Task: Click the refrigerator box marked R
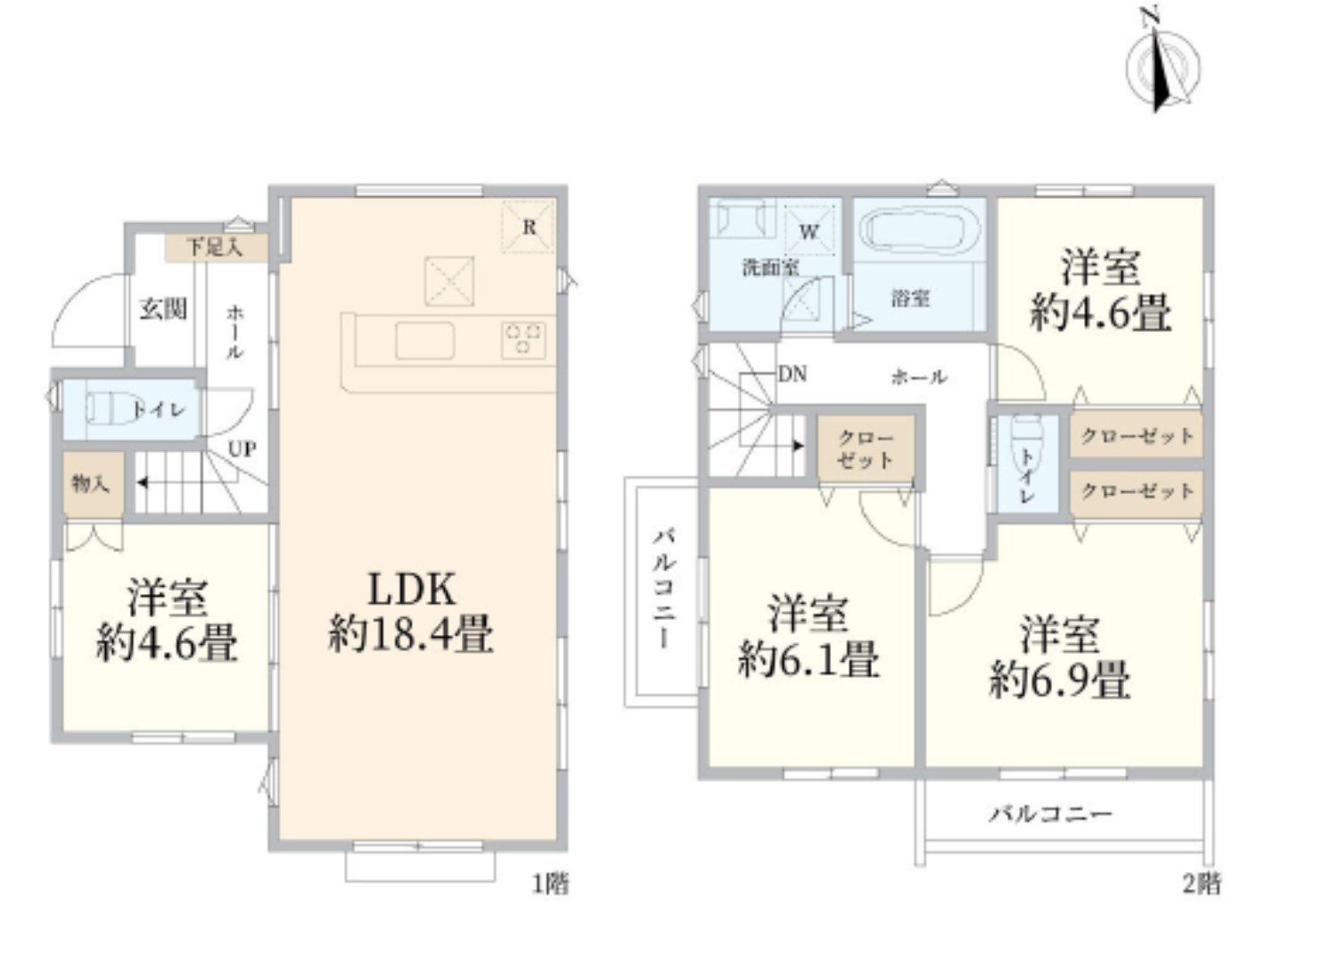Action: [529, 227]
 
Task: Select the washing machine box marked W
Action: [809, 230]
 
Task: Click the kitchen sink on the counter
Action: [425, 340]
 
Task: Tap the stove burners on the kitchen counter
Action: [523, 339]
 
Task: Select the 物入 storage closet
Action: [94, 484]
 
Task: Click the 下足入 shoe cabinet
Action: [216, 248]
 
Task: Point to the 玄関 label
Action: [163, 309]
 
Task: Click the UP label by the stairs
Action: [242, 449]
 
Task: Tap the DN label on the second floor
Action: [792, 375]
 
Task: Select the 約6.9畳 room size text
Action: [1060, 680]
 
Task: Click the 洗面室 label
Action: [770, 268]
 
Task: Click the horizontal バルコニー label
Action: [1051, 815]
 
